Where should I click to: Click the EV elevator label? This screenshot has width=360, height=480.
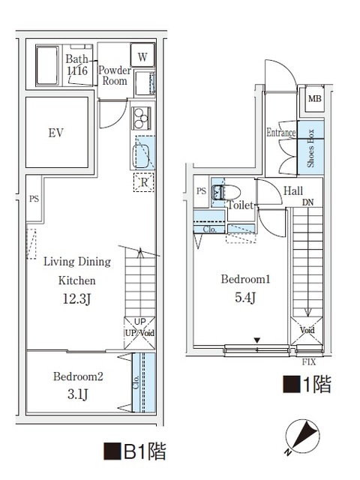(55, 133)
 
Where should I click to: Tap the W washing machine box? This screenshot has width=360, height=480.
(142, 55)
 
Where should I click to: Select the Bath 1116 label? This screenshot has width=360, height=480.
(76, 65)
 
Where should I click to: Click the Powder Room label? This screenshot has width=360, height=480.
(115, 76)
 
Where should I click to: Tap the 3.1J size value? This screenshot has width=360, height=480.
(78, 394)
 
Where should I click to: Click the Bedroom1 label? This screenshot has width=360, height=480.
(245, 279)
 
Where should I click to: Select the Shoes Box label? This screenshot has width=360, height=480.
(310, 147)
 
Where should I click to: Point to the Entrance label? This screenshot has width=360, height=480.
(281, 133)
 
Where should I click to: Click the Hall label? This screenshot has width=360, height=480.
(293, 191)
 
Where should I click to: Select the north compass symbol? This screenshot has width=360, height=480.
(304, 436)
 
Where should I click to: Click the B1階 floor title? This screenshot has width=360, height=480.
(134, 451)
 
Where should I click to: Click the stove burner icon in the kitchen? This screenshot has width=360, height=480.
(141, 117)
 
